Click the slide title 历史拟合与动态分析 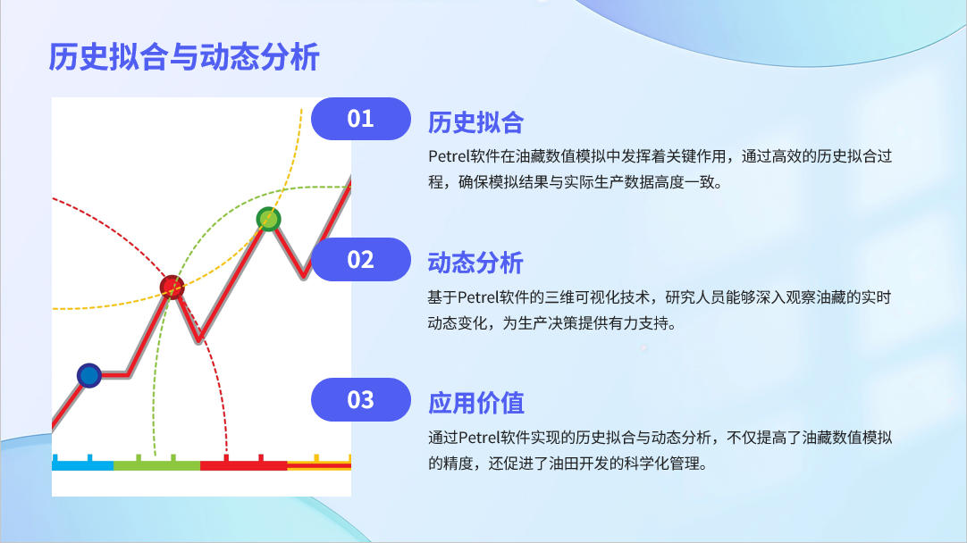184,57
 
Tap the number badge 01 361,119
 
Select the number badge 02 361,260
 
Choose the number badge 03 361,400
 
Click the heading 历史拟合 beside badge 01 475,122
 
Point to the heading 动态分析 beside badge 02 475,263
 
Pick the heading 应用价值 475,404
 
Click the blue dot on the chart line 88,375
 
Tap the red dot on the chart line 172,287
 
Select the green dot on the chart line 268,219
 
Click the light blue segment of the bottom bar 82,464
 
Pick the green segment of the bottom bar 156,464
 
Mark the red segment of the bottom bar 244,464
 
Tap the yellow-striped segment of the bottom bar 319,464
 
